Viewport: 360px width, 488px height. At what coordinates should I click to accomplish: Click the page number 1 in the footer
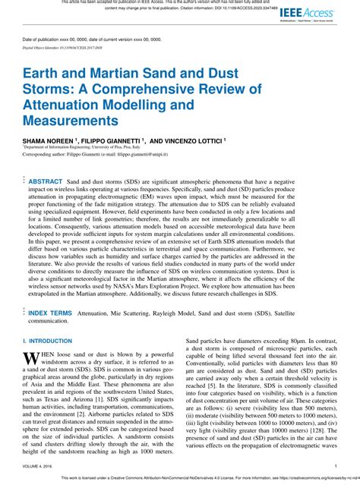click(x=335, y=466)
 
